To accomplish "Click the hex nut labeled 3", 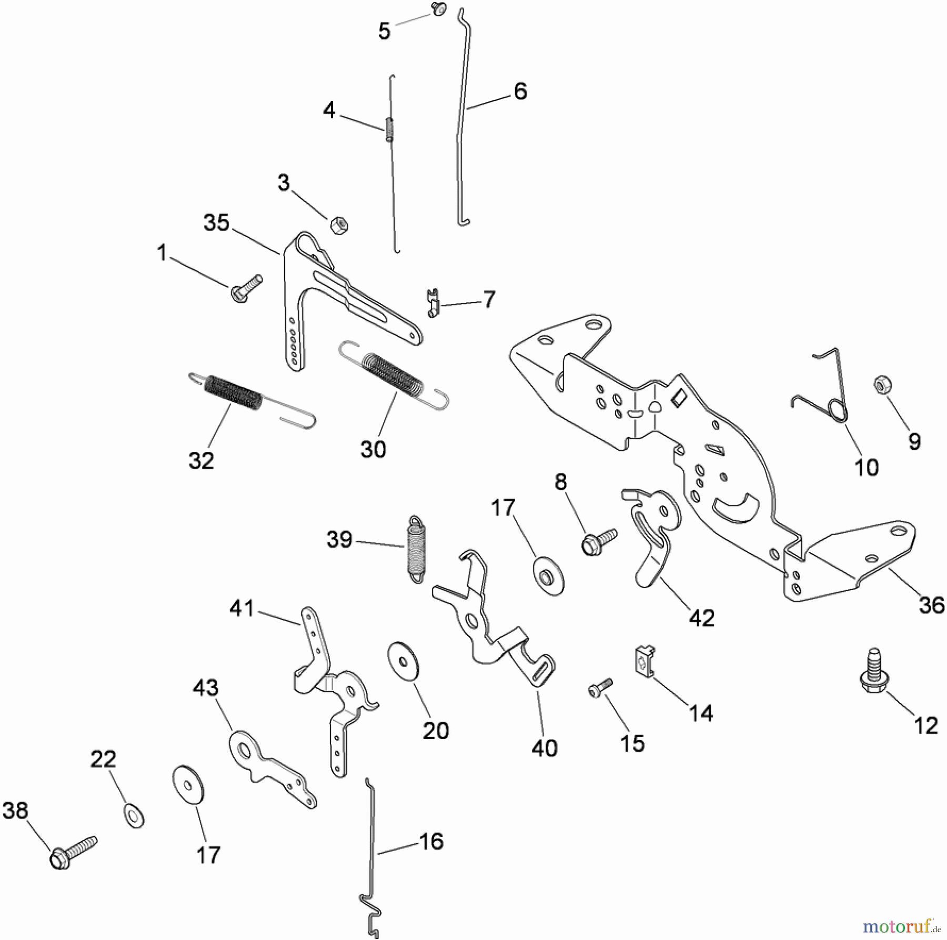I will coord(339,227).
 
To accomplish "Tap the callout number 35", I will coord(216,223).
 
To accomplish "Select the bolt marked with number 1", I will coord(246,289).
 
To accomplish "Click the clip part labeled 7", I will coord(432,304).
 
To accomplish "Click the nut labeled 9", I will coord(881,385).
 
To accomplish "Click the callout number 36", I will coord(931,605).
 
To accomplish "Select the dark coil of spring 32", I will coord(235,391).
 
